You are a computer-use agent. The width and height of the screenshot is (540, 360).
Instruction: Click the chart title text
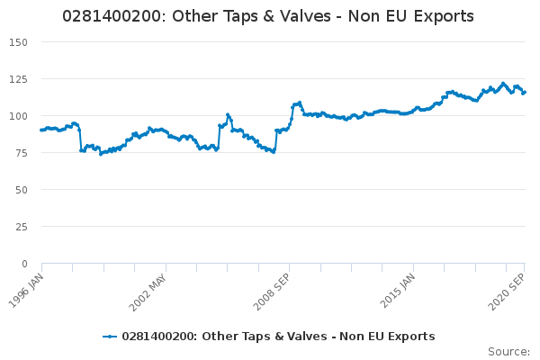coord(268,16)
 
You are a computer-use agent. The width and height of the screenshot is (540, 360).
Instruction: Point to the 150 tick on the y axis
coord(18,42)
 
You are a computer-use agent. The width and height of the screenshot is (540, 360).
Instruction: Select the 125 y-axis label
coord(18,79)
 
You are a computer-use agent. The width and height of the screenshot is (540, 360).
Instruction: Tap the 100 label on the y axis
coord(18,116)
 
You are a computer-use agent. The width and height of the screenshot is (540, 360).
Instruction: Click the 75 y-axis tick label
coord(22,153)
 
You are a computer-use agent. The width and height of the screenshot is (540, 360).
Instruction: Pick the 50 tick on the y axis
coord(22,190)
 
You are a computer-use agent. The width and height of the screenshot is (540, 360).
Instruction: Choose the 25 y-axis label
coord(22,227)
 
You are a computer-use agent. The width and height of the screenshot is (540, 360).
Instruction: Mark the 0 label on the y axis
coord(24,264)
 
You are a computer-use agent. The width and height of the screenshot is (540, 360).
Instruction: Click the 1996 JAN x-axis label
coord(26,291)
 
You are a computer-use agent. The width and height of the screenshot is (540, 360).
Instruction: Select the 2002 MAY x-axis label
coord(148,292)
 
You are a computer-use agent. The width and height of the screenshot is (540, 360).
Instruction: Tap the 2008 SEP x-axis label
coord(272,292)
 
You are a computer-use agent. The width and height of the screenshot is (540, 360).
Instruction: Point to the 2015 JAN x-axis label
coord(398,291)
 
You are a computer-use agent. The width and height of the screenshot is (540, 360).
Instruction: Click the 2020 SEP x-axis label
coord(506,292)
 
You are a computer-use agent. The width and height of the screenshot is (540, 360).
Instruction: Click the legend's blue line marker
coord(110,337)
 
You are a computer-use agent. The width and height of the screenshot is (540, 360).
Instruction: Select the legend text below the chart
coord(278,337)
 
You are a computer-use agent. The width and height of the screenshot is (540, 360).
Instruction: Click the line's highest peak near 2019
coord(503,84)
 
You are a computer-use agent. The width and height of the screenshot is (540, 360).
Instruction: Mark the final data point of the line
coord(525,92)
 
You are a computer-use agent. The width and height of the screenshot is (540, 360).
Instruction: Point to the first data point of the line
coord(41,130)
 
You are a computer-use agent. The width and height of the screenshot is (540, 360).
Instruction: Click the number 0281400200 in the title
coord(112,16)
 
